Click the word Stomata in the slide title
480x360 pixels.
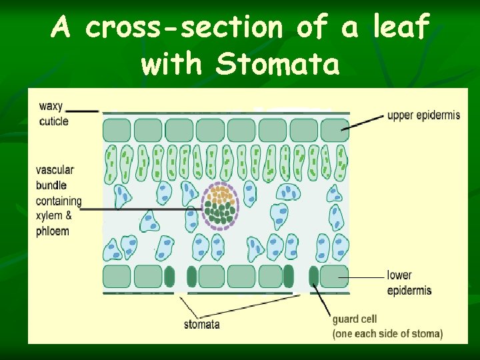click(x=277, y=64)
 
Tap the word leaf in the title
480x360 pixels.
click(x=401, y=27)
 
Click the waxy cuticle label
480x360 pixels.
click(x=53, y=113)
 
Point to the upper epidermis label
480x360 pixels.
click(x=423, y=115)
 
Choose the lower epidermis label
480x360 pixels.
click(x=409, y=283)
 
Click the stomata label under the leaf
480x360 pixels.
click(x=202, y=325)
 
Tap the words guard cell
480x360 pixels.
click(x=355, y=319)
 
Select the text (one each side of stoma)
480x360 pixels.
click(x=387, y=333)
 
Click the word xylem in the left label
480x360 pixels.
click(x=50, y=216)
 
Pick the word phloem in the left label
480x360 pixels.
click(x=53, y=231)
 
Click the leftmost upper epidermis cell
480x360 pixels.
click(x=117, y=130)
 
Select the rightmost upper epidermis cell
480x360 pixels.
click(x=335, y=130)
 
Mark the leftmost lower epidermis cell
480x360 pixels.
click(x=117, y=276)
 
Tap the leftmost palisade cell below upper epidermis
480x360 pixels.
click(x=111, y=165)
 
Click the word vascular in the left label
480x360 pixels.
click(x=55, y=170)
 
